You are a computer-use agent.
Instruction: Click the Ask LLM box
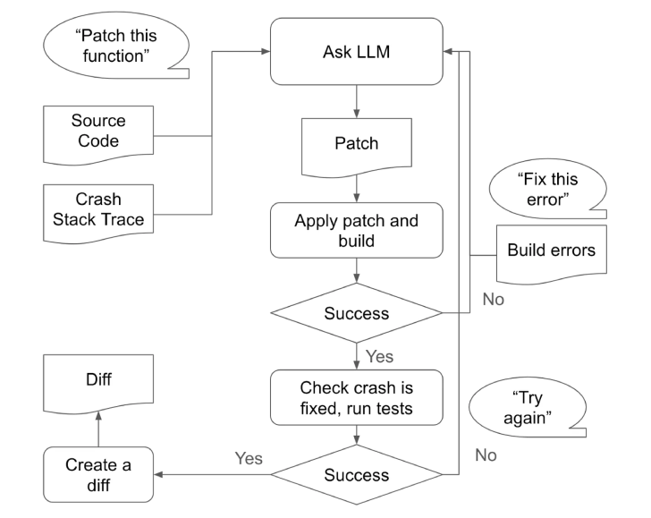[x=357, y=52]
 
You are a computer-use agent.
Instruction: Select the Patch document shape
[x=357, y=144]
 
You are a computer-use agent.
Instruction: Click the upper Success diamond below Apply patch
[x=357, y=313]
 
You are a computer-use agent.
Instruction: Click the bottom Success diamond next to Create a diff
[x=357, y=475]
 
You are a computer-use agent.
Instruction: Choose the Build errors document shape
[x=551, y=251]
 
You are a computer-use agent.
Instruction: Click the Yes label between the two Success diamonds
[x=380, y=356]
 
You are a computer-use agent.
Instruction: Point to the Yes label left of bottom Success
[x=248, y=458]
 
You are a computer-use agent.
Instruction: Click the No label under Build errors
[x=494, y=300]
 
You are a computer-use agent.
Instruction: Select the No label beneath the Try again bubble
[x=486, y=455]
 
